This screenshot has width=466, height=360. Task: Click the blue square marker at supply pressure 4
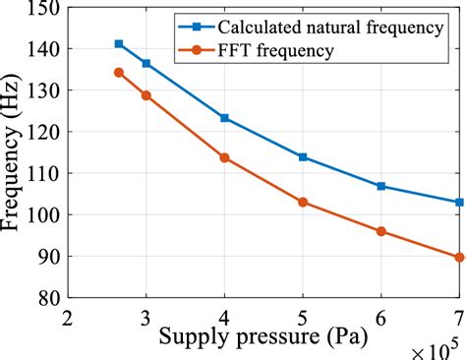pyautogui.click(x=224, y=118)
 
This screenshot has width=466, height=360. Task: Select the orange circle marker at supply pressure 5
pyautogui.click(x=303, y=202)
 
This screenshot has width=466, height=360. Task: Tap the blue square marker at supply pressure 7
pyautogui.click(x=459, y=202)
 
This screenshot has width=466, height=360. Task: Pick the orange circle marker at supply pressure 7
pyautogui.click(x=459, y=257)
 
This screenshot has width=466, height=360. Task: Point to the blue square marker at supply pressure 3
pyautogui.click(x=146, y=63)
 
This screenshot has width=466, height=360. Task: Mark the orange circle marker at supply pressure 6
pyautogui.click(x=380, y=231)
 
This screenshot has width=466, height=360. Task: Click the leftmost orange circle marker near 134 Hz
pyautogui.click(x=119, y=72)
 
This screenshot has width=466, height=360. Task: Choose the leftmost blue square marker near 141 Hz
pyautogui.click(x=119, y=43)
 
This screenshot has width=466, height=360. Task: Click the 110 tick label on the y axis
pyautogui.click(x=43, y=174)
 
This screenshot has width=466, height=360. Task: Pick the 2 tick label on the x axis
pyautogui.click(x=68, y=317)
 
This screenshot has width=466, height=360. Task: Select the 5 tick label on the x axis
pyautogui.click(x=303, y=317)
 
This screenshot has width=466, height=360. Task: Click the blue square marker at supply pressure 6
pyautogui.click(x=380, y=186)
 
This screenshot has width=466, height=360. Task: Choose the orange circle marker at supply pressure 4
pyautogui.click(x=224, y=157)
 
